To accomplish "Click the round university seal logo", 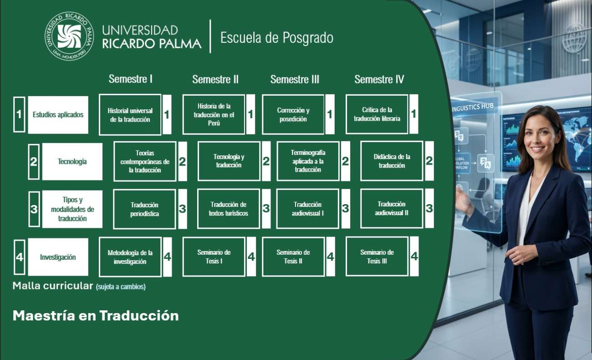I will [x=69, y=36].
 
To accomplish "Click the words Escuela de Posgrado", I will [x=276, y=37].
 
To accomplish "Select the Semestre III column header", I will [x=295, y=79].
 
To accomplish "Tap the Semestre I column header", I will [x=130, y=79].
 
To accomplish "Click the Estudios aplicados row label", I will [x=58, y=115].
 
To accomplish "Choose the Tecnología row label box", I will [x=72, y=161].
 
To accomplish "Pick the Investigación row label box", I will [x=58, y=257].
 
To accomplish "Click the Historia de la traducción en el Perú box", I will [x=214, y=114].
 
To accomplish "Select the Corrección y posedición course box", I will [x=293, y=114].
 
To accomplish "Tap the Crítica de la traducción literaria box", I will [x=377, y=114].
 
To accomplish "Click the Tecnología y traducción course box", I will [x=229, y=161].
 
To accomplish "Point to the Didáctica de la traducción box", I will [x=392, y=161].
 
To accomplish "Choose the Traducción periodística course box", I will [x=144, y=209].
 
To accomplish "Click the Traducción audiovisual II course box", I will [x=392, y=208].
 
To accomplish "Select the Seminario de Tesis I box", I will [x=214, y=257].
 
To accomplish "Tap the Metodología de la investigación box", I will [x=130, y=257].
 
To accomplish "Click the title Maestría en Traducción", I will [x=96, y=315].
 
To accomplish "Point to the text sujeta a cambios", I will [x=121, y=287].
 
